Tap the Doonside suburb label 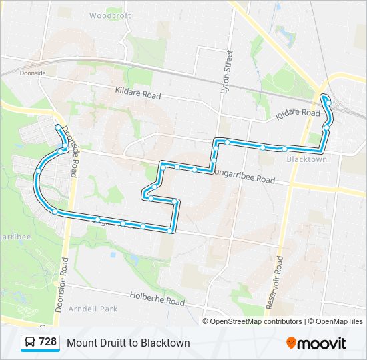(x=32, y=74)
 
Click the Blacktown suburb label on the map (x=306, y=159)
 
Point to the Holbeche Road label (x=157, y=298)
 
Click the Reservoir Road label (x=274, y=281)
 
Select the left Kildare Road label (x=138, y=93)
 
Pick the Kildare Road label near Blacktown (x=298, y=113)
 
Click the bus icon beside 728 (x=30, y=343)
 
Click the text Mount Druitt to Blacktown (x=128, y=343)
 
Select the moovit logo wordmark (x=322, y=343)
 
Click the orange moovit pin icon (x=291, y=343)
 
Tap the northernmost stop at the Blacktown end (x=325, y=99)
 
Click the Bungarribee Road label (x=244, y=177)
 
